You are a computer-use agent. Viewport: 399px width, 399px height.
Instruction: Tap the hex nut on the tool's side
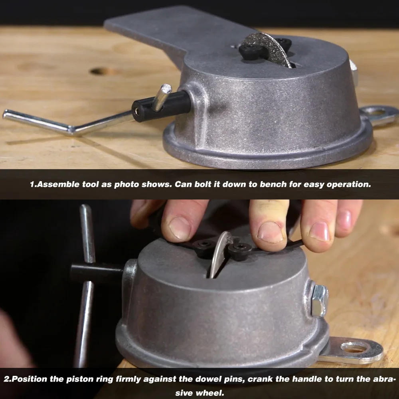[x=320, y=300]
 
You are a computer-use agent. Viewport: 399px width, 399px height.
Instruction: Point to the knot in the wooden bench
[x=101, y=71]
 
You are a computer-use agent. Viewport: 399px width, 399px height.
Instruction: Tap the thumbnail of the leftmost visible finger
[x=180, y=228]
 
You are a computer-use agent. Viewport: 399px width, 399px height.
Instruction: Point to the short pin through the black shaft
[x=163, y=98]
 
